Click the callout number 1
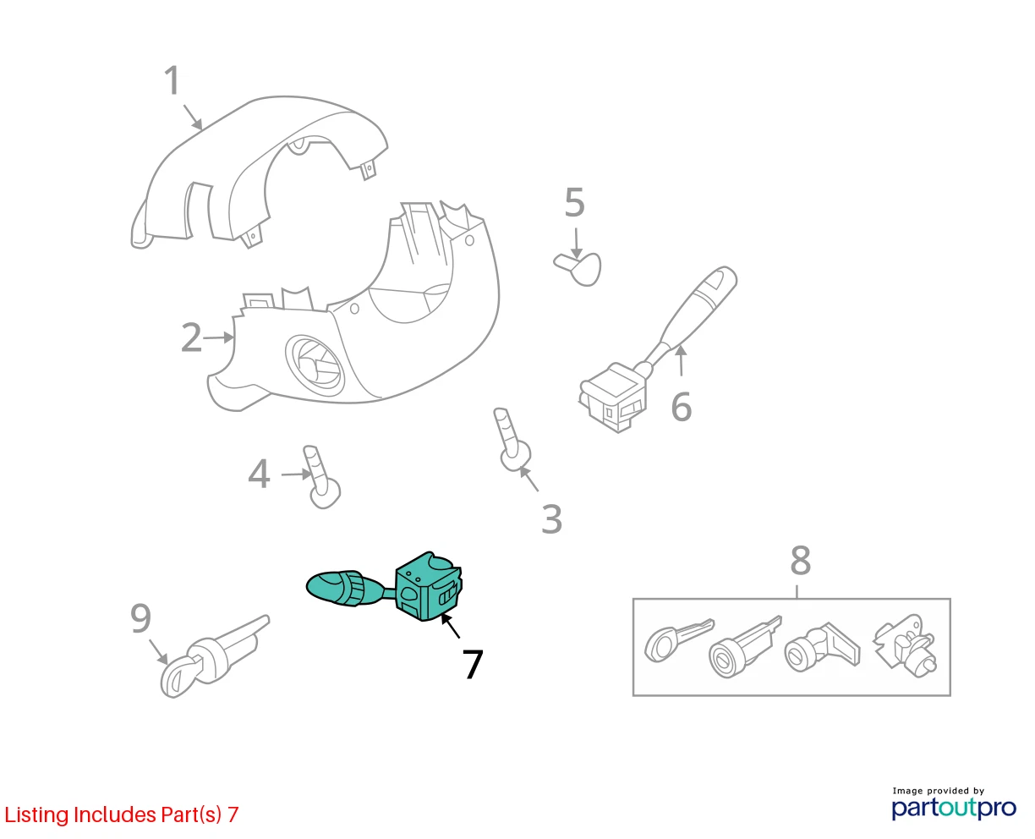coord(172,80)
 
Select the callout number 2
coord(191,337)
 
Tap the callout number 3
coord(551,519)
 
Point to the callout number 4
coord(259,474)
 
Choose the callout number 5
coord(574,203)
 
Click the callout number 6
coord(682,407)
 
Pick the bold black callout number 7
coord(473,665)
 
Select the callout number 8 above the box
coord(800,560)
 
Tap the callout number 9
coord(141,618)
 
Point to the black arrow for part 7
coord(450,627)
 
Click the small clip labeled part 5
coord(578,269)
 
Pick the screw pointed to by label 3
coord(512,440)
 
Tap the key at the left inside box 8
coord(678,639)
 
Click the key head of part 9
coord(178,675)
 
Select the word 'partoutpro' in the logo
coord(954,808)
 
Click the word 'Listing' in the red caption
coord(36,814)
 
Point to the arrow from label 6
coord(682,360)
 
